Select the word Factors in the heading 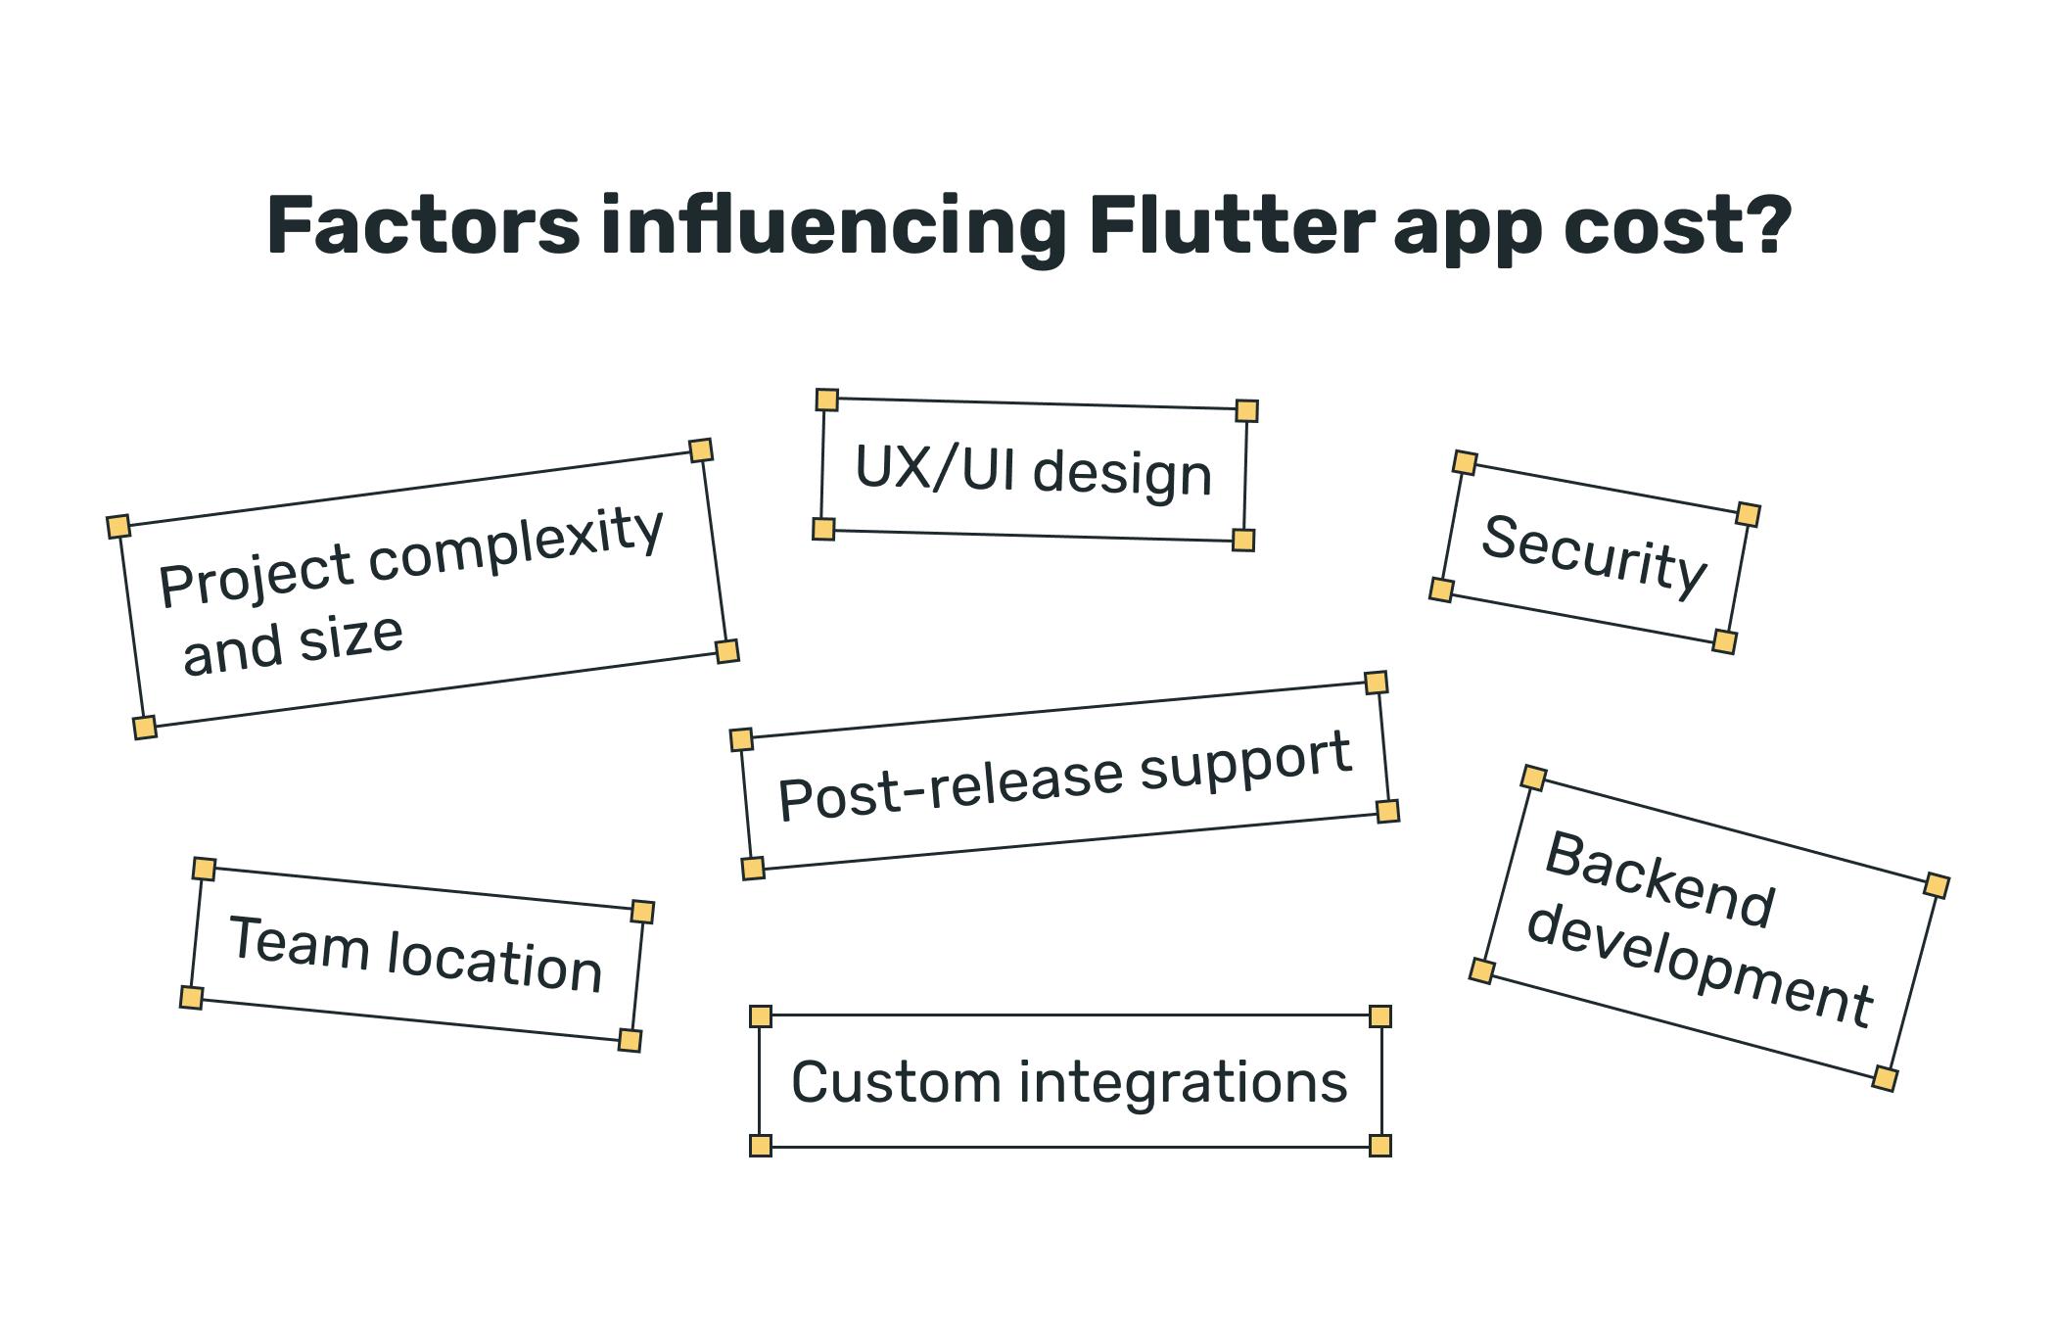(x=423, y=226)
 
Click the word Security (x=1594, y=555)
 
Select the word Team (x=299, y=943)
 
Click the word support (x=1245, y=761)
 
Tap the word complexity (x=516, y=545)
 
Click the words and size (x=293, y=643)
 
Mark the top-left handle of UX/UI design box (x=827, y=400)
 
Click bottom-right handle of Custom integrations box (x=1379, y=1146)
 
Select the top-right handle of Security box (x=1748, y=514)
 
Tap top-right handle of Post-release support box (x=1376, y=683)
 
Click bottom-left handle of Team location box (x=192, y=998)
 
